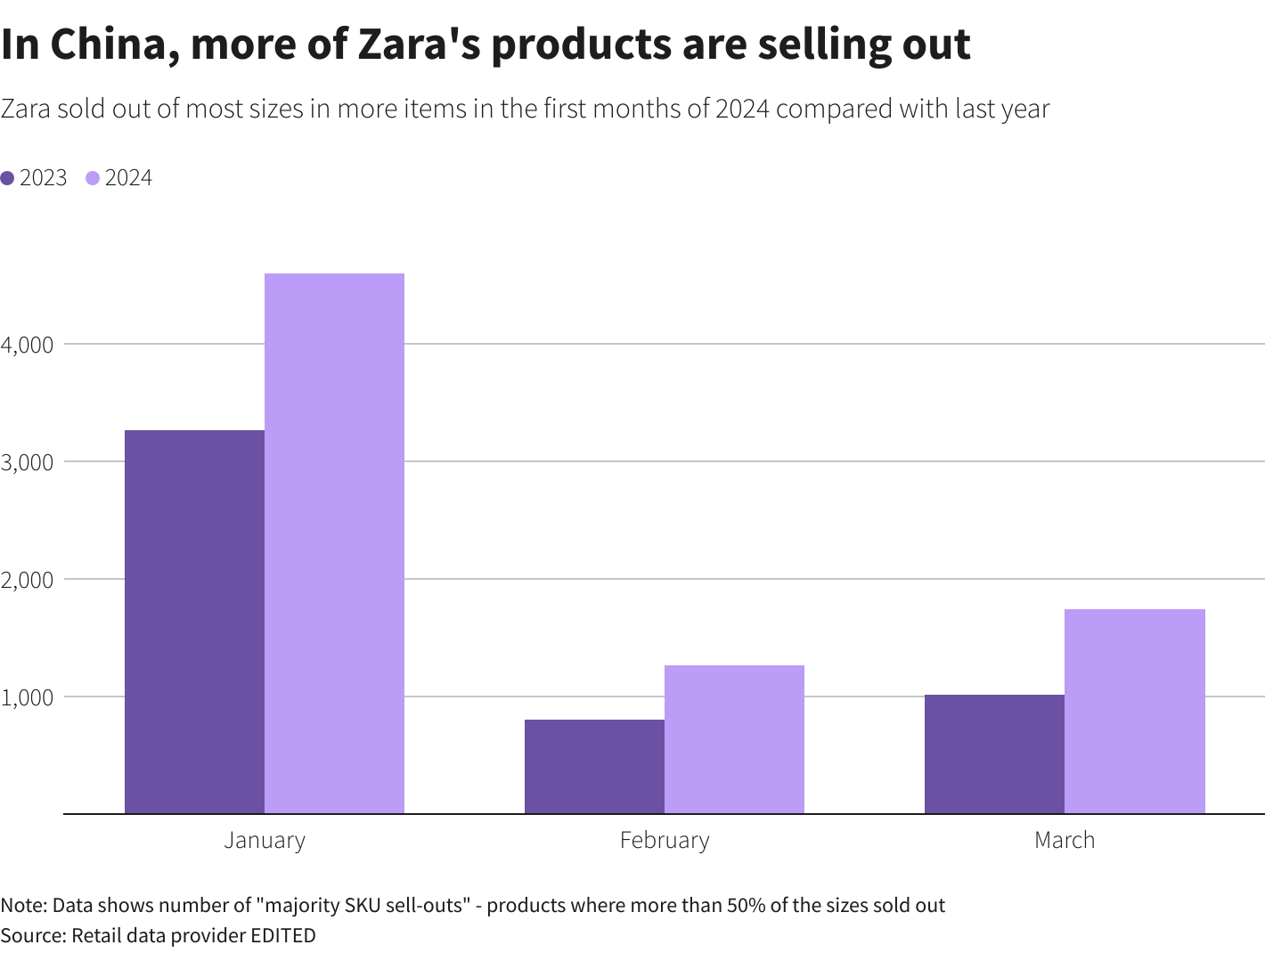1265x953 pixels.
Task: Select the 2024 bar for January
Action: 334,543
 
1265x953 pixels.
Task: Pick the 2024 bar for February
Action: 734,739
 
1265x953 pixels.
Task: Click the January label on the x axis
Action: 265,840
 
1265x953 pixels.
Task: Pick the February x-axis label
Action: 665,840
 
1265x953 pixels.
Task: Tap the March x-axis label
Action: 1065,840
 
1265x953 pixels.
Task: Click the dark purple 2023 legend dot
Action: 8,178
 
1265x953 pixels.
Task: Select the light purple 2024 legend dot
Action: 93,178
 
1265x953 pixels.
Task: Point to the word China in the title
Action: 110,45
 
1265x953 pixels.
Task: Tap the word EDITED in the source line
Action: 282,935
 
